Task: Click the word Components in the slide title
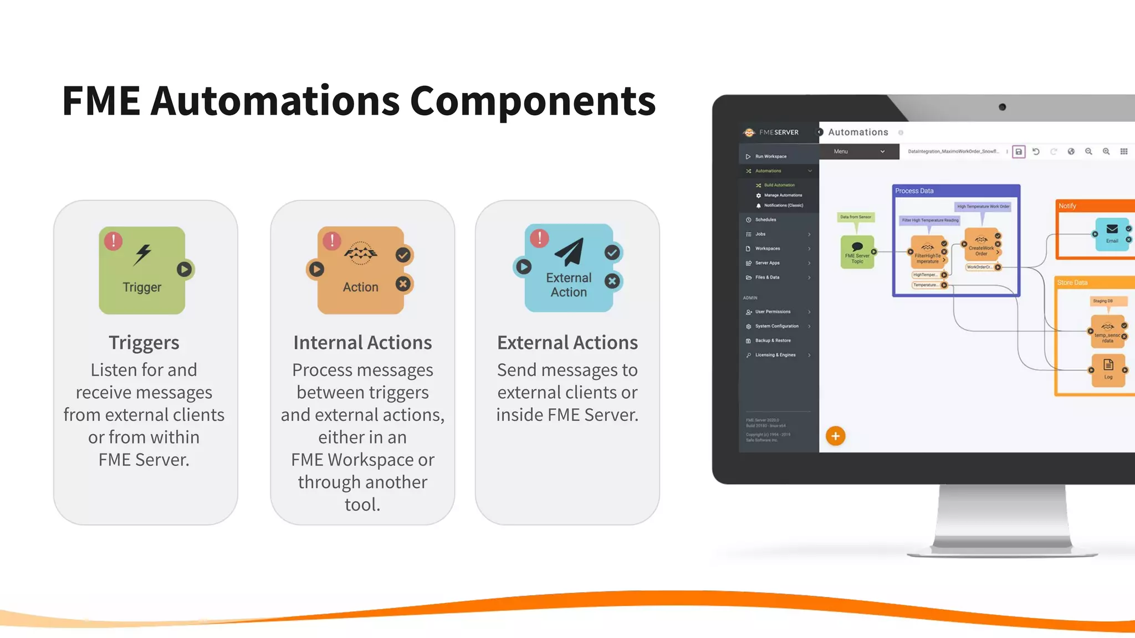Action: (x=532, y=101)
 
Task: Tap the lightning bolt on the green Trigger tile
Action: (x=143, y=254)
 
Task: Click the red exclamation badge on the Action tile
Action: (x=332, y=240)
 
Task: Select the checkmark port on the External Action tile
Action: (x=612, y=253)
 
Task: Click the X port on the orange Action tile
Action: (x=403, y=284)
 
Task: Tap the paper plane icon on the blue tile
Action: (x=569, y=252)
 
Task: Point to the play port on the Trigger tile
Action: (x=185, y=269)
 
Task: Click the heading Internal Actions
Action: (x=362, y=342)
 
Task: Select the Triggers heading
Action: (x=144, y=342)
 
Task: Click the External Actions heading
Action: (x=567, y=342)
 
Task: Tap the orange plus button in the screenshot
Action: (x=835, y=436)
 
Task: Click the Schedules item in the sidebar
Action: (x=765, y=220)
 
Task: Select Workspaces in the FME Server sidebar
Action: (x=767, y=249)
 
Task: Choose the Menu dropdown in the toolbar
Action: (x=858, y=151)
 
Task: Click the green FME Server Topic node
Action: (x=857, y=252)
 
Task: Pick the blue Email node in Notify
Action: (x=1112, y=234)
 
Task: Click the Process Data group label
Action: (x=914, y=191)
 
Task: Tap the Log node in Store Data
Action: (x=1108, y=369)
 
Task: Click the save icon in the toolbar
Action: (x=1019, y=152)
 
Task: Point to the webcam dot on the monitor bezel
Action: (x=1002, y=107)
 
